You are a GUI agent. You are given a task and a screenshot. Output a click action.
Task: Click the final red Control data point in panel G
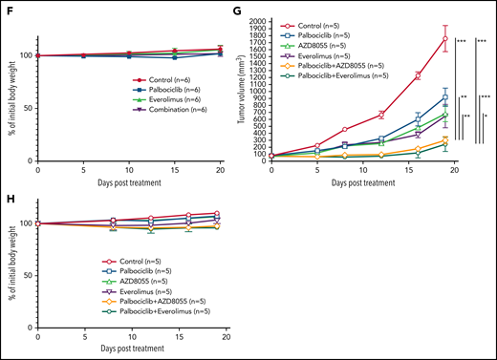445,38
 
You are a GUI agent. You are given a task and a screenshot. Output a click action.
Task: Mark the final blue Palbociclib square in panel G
445,97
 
